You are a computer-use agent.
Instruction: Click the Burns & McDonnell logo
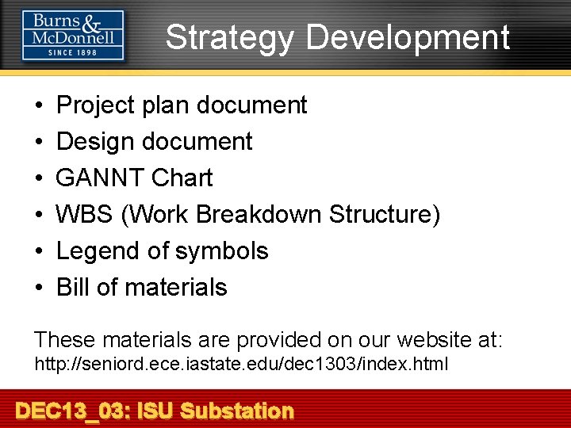tap(73, 34)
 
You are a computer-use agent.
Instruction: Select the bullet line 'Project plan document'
tap(182, 105)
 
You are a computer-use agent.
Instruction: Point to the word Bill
tap(73, 287)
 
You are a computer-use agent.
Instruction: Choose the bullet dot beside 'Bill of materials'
tap(39, 287)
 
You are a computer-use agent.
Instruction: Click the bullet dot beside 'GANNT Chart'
tap(39, 178)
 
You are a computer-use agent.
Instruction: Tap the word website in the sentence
tap(431, 340)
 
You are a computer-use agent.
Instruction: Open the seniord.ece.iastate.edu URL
tap(240, 365)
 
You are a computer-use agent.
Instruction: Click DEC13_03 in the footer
tap(72, 411)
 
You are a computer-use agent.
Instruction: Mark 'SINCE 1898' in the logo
tap(73, 52)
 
